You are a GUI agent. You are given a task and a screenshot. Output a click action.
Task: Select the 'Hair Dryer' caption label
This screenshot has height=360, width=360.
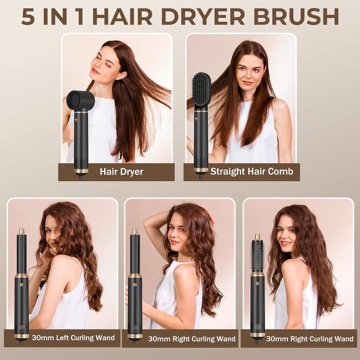click(x=121, y=172)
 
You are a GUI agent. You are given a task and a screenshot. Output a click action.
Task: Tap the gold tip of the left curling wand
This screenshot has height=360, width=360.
click(x=22, y=231)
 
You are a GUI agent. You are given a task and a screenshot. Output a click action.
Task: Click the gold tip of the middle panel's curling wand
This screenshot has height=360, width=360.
click(x=135, y=231)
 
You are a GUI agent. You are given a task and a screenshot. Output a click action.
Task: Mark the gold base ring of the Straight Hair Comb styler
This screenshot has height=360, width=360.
click(x=201, y=169)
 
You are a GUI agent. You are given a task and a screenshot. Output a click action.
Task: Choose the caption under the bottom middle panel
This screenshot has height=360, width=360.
click(x=191, y=339)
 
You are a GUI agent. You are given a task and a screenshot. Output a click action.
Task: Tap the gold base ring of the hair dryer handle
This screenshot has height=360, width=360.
click(x=81, y=169)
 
